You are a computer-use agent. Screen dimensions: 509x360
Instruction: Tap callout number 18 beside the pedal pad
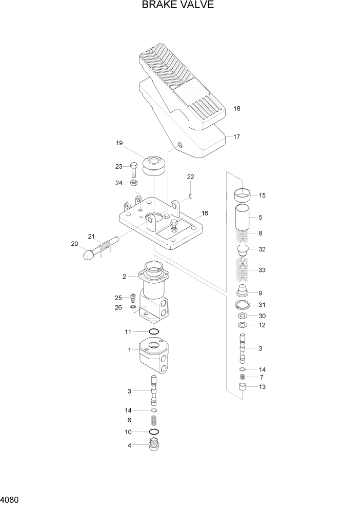(236, 109)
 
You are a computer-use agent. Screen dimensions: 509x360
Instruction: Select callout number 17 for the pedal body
(236, 137)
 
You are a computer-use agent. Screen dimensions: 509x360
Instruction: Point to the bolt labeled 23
(134, 169)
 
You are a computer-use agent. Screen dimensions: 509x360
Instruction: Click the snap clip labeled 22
(190, 194)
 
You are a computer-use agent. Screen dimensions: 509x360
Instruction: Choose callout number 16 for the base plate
(205, 212)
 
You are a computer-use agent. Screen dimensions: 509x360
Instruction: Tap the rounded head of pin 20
(88, 254)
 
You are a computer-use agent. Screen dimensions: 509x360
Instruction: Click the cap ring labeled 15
(243, 195)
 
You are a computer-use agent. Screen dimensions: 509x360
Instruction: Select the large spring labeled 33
(243, 270)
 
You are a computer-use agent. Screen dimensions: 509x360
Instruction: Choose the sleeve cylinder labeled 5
(243, 218)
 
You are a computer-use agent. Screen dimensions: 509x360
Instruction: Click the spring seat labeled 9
(243, 293)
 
